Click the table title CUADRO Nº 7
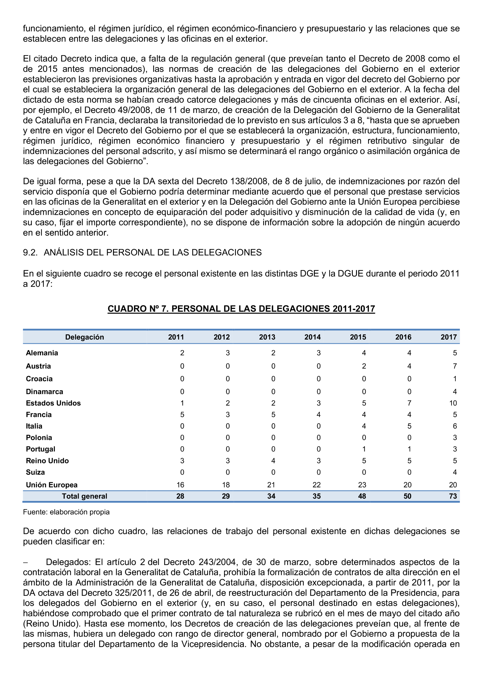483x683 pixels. click(x=241, y=309)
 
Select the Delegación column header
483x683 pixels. click(x=84, y=337)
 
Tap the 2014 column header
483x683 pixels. click(x=312, y=337)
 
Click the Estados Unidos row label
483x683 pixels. click(x=53, y=403)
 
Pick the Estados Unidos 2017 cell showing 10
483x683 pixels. click(x=453, y=403)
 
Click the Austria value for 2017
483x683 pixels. click(x=454, y=366)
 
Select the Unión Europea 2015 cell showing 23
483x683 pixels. click(x=362, y=485)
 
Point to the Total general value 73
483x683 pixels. click(x=453, y=496)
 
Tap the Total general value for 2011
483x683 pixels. click(x=180, y=496)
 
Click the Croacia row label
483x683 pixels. click(x=39, y=379)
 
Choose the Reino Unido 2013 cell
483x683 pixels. click(x=273, y=461)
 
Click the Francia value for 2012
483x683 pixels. click(x=228, y=415)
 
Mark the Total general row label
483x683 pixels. click(x=84, y=496)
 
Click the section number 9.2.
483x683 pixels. click(x=30, y=252)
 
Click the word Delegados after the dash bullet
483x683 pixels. click(x=68, y=562)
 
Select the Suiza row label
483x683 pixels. click(x=35, y=472)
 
